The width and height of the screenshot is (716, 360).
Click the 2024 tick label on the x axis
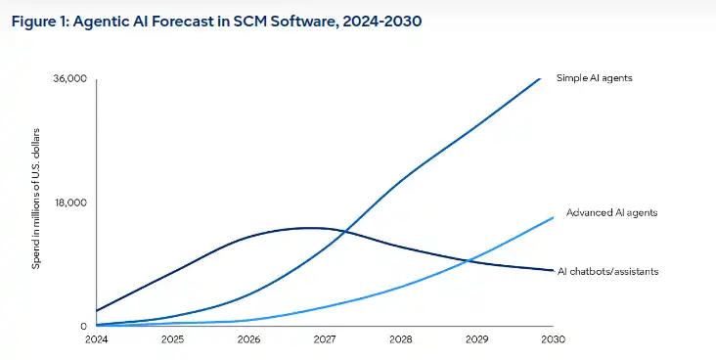[x=97, y=339]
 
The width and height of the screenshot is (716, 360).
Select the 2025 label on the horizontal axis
[x=172, y=339]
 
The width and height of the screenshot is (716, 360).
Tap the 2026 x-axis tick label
[x=248, y=339]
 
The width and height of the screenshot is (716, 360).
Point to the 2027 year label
[x=325, y=339]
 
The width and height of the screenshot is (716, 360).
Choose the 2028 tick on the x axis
[x=401, y=339]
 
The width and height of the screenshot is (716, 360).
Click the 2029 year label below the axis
[x=477, y=339]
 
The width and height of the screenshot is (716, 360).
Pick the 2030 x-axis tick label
[x=553, y=339]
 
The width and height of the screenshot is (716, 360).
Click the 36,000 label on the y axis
[x=69, y=78]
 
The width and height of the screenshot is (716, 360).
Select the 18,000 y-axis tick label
[x=70, y=202]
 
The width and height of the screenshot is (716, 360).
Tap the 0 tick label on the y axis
[x=83, y=326]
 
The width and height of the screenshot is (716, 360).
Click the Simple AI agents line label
[x=595, y=78]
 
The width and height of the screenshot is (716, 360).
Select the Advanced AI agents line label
[x=612, y=213]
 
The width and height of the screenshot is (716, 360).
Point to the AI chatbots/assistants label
[x=607, y=271]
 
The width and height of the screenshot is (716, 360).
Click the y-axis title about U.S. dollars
[x=36, y=199]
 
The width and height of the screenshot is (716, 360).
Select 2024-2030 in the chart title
[x=381, y=22]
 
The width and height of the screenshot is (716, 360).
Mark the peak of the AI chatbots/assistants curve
[x=311, y=228]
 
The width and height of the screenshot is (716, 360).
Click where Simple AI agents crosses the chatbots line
[x=343, y=232]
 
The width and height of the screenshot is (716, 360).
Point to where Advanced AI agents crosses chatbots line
[x=468, y=261]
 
